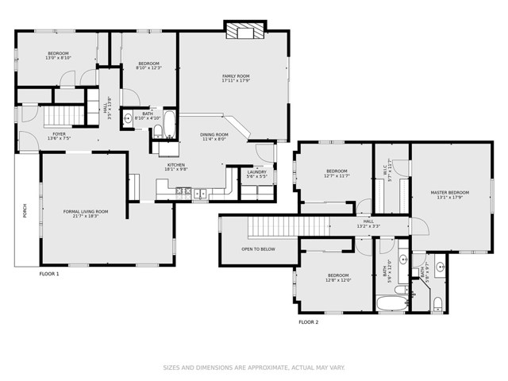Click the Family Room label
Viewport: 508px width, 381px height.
click(x=236, y=78)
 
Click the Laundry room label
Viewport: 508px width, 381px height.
click(x=256, y=173)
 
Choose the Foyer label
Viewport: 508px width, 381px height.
click(x=60, y=136)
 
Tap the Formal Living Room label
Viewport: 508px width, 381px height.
click(x=86, y=213)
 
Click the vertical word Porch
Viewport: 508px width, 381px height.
click(x=25, y=212)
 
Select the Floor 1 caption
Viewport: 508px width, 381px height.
click(x=49, y=273)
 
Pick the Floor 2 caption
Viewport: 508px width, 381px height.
click(x=308, y=322)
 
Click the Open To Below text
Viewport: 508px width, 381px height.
click(x=258, y=248)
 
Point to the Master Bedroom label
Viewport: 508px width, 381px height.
click(x=449, y=194)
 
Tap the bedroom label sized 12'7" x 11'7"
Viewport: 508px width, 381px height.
click(x=337, y=173)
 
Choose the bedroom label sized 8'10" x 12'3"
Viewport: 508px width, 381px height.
click(x=149, y=65)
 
